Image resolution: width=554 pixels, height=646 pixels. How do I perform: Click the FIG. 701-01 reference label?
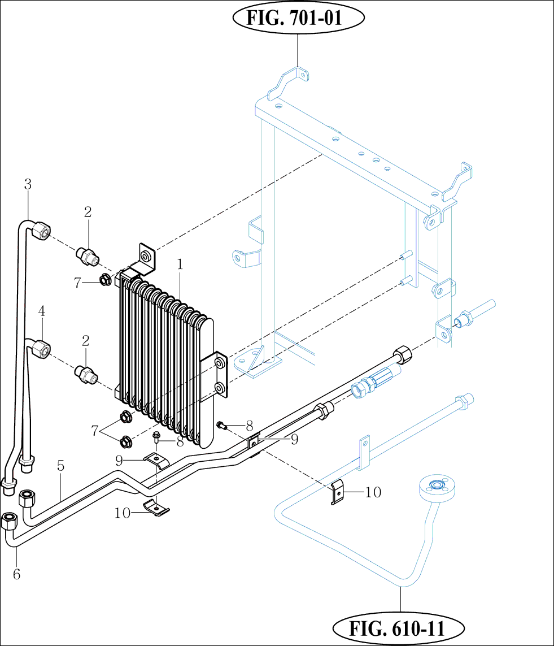[298, 18]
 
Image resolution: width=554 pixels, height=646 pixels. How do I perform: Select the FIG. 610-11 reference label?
[399, 627]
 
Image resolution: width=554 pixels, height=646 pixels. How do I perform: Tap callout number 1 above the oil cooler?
[180, 264]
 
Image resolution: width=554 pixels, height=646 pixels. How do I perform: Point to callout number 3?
[28, 184]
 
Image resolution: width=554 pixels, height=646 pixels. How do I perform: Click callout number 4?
[42, 311]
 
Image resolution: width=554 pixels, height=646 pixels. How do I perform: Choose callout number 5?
[60, 466]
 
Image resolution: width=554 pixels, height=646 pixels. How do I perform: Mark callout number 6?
[16, 575]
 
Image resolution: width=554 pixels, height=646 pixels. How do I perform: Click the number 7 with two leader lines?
[95, 431]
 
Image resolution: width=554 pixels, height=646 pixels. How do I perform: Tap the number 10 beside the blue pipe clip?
[373, 493]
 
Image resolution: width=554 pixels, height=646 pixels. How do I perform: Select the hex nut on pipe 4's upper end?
[41, 348]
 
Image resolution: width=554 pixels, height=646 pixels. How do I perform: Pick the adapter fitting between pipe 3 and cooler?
[87, 256]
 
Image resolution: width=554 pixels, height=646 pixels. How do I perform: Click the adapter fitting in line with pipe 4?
[86, 374]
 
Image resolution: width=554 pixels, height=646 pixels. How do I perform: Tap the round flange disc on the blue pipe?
[438, 486]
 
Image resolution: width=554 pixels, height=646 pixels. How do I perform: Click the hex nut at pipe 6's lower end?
[10, 520]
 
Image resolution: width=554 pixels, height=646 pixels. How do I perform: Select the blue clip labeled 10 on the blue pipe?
[337, 492]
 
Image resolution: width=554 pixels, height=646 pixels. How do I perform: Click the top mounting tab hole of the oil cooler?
[147, 258]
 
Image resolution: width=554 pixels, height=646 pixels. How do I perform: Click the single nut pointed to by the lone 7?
[105, 279]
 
